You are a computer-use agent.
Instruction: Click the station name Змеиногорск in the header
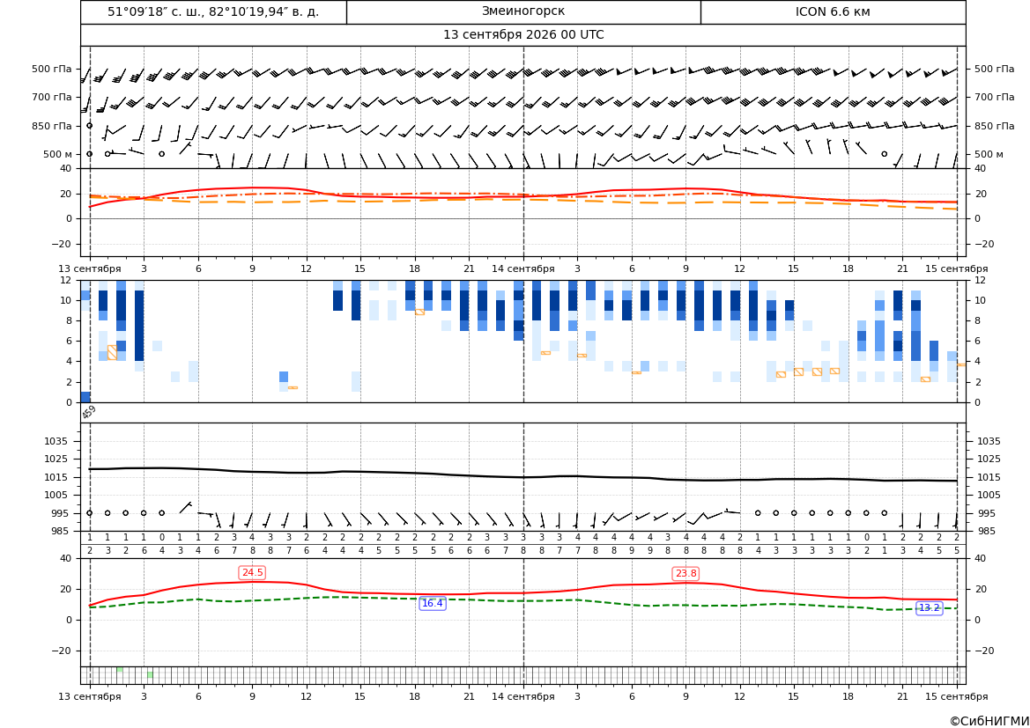[x=522, y=11]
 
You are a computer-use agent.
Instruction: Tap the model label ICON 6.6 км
[x=833, y=11]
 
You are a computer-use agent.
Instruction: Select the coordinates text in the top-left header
[x=213, y=11]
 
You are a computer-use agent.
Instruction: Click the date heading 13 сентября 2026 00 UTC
[x=522, y=35]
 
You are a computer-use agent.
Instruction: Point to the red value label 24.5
[x=252, y=572]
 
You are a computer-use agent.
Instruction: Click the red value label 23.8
[x=685, y=573]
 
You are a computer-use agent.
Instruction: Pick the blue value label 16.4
[x=433, y=603]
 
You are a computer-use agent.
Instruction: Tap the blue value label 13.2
[x=929, y=608]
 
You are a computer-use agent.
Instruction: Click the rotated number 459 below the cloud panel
[x=89, y=412]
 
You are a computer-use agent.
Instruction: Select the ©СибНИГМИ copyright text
[x=989, y=721]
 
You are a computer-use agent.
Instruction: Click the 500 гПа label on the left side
[x=52, y=69]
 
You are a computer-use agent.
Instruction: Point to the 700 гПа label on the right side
[x=994, y=97]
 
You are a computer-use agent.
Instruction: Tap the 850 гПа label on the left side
[x=52, y=125]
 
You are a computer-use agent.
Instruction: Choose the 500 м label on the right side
[x=989, y=154]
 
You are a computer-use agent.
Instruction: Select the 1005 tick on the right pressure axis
[x=989, y=495]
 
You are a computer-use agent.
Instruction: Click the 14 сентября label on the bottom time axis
[x=522, y=696]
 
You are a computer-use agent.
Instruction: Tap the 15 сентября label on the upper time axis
[x=957, y=268]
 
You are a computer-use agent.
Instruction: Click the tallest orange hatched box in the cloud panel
[x=112, y=352]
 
